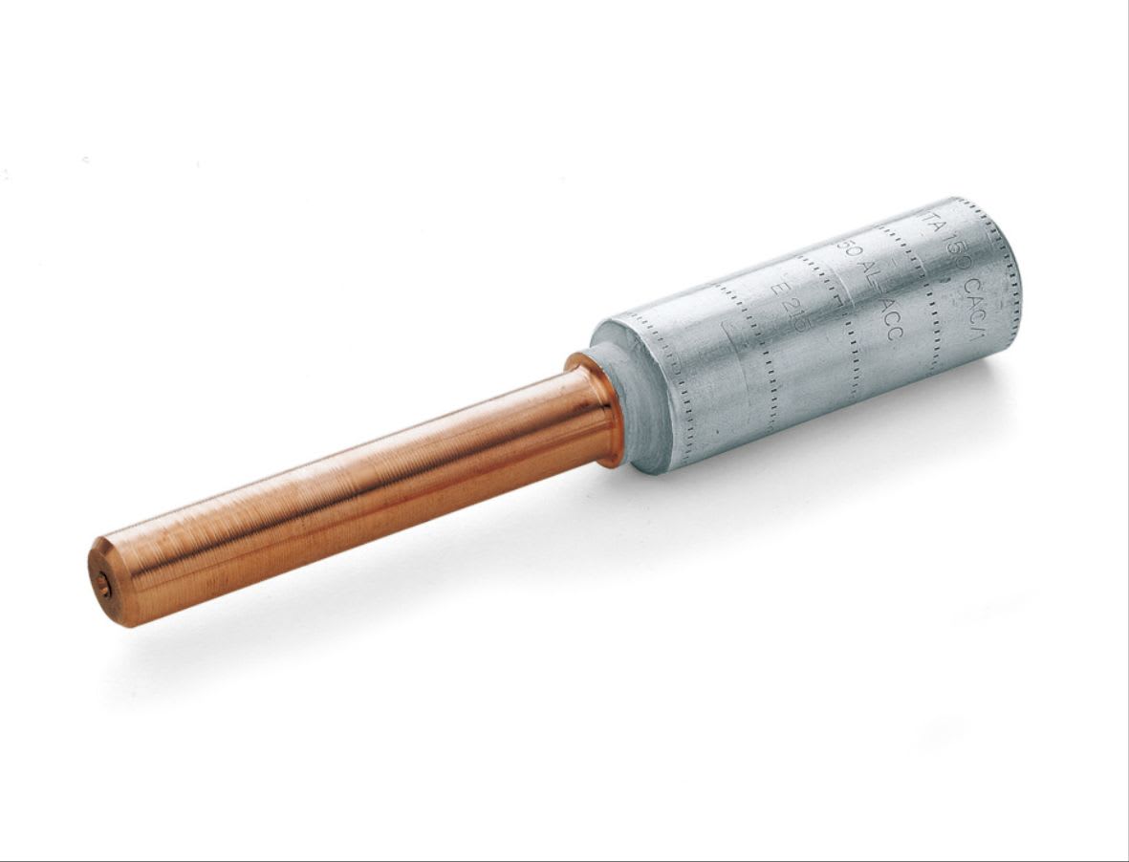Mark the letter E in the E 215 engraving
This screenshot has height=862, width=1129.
776,284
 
